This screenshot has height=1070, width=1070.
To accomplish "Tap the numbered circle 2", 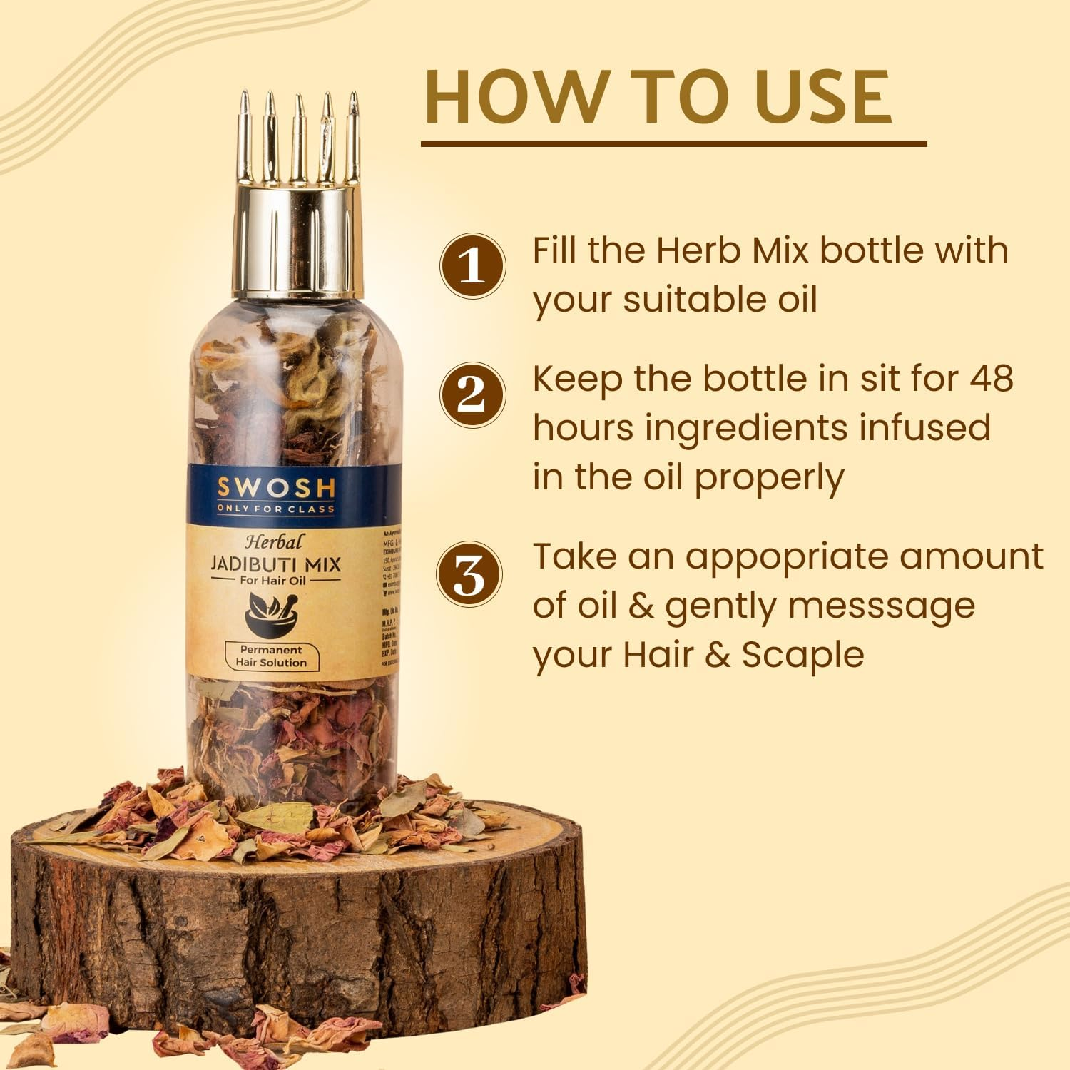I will click(472, 394).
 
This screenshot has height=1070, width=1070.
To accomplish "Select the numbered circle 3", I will click(469, 575).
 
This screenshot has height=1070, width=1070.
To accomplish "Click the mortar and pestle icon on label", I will click(272, 613).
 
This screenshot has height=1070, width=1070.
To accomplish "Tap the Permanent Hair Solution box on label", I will click(271, 656).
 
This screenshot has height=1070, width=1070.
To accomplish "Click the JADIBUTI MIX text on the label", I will click(275, 564).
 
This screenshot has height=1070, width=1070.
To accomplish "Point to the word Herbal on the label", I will click(274, 541).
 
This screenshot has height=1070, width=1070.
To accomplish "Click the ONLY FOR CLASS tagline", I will click(275, 509).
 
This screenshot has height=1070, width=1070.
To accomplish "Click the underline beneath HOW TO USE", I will click(673, 144).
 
